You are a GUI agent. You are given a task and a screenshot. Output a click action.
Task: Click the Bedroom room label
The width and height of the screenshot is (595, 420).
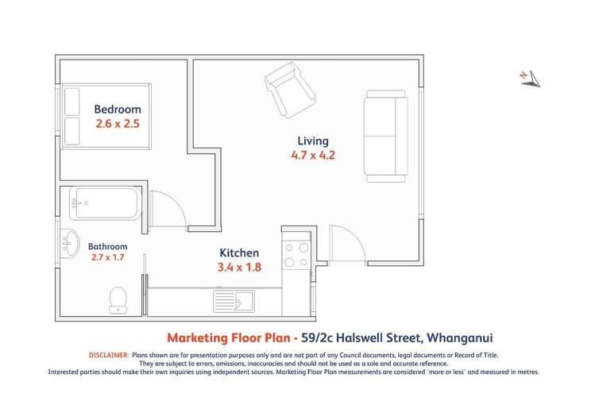tap(118, 110)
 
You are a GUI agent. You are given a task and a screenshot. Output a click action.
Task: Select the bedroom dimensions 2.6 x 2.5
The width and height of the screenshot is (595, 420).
tap(118, 124)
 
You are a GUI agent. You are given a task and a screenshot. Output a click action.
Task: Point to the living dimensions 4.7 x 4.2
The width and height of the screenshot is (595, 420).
tap(313, 156)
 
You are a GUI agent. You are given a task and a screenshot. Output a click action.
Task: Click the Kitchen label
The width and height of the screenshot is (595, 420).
tap(239, 253)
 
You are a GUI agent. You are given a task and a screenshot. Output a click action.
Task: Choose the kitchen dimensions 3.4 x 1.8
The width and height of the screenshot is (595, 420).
tap(239, 268)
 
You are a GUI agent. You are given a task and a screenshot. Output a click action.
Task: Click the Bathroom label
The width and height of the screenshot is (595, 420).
tap(107, 246)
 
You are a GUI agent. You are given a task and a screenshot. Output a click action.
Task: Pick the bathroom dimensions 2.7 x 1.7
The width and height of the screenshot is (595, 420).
tap(107, 257)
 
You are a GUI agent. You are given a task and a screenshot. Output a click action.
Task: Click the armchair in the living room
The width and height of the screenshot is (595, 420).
tap(289, 89)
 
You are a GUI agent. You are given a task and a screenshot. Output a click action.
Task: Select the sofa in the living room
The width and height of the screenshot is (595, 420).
tap(386, 136)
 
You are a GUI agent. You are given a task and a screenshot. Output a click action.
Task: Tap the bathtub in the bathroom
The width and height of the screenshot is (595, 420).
tap(105, 203)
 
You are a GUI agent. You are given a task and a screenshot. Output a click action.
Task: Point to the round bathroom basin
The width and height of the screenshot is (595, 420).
tap(70, 241)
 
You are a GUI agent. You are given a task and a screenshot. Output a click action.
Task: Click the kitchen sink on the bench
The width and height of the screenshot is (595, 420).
tap(233, 301)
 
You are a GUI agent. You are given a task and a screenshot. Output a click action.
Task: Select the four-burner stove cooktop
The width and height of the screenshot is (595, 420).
tap(296, 254)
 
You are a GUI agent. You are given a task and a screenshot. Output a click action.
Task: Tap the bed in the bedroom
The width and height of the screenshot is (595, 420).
tap(105, 115)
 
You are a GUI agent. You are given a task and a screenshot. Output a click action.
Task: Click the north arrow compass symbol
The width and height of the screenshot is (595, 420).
tap(530, 77)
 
